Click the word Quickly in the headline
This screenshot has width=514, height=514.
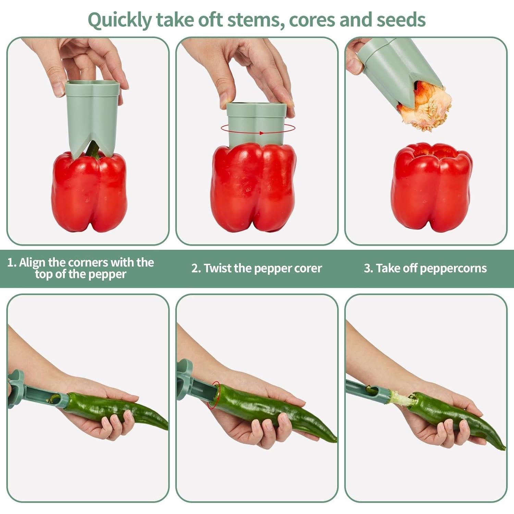119,20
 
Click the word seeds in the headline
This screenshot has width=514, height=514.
401,20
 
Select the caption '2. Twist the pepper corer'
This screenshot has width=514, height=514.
257,268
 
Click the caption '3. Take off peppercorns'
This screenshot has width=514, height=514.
425,268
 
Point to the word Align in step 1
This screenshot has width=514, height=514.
32,262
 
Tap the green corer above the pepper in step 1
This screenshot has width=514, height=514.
92,113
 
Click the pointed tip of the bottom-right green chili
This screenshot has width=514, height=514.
503,448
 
